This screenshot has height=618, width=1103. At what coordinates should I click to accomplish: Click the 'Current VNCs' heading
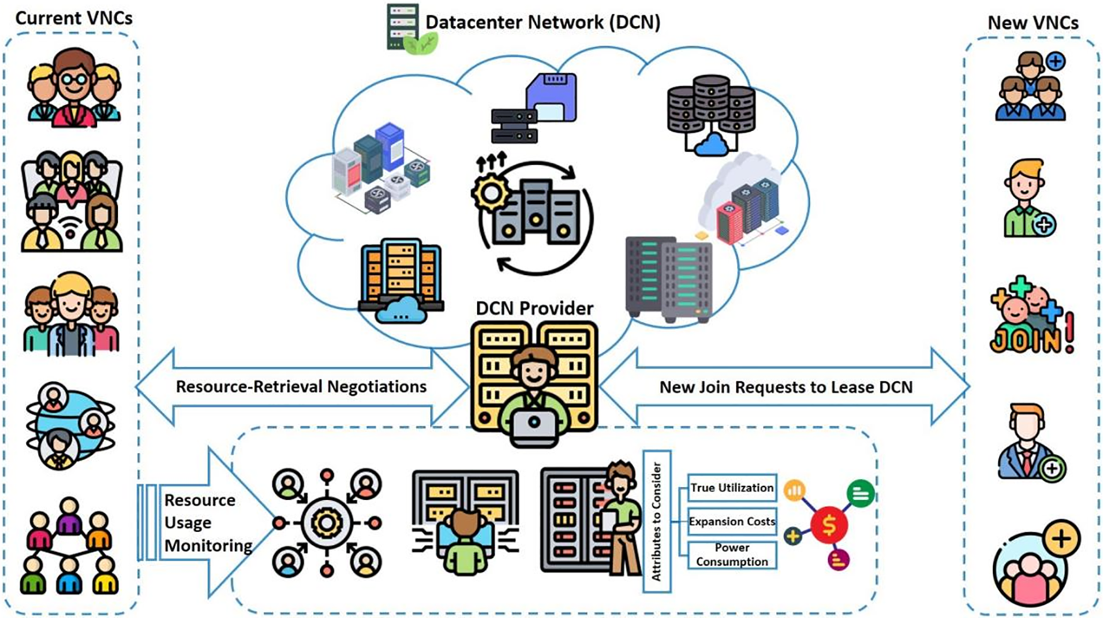[x=74, y=18]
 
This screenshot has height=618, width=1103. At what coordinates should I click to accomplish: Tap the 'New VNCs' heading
[x=1033, y=23]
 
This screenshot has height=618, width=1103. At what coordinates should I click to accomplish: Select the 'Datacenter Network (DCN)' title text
[x=543, y=22]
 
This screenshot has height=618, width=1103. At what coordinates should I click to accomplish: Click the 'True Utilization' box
[x=732, y=488]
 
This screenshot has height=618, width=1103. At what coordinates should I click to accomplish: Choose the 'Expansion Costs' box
[x=732, y=522]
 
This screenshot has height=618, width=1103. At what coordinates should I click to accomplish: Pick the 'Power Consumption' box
[x=732, y=555]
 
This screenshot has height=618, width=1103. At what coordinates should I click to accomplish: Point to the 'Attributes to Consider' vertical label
[x=657, y=522]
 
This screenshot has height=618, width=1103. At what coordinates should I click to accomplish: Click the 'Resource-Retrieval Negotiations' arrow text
[x=301, y=387]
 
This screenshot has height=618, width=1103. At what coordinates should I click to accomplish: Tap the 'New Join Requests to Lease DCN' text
[x=786, y=387]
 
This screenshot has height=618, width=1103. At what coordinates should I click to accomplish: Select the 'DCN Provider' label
[x=534, y=308]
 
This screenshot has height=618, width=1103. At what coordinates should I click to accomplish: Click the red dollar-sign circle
[x=829, y=525]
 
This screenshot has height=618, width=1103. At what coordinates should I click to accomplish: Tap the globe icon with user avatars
[x=70, y=425]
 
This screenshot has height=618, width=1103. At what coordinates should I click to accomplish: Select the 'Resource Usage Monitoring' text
[x=208, y=523]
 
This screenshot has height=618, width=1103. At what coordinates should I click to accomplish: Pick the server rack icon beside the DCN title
[x=403, y=26]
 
